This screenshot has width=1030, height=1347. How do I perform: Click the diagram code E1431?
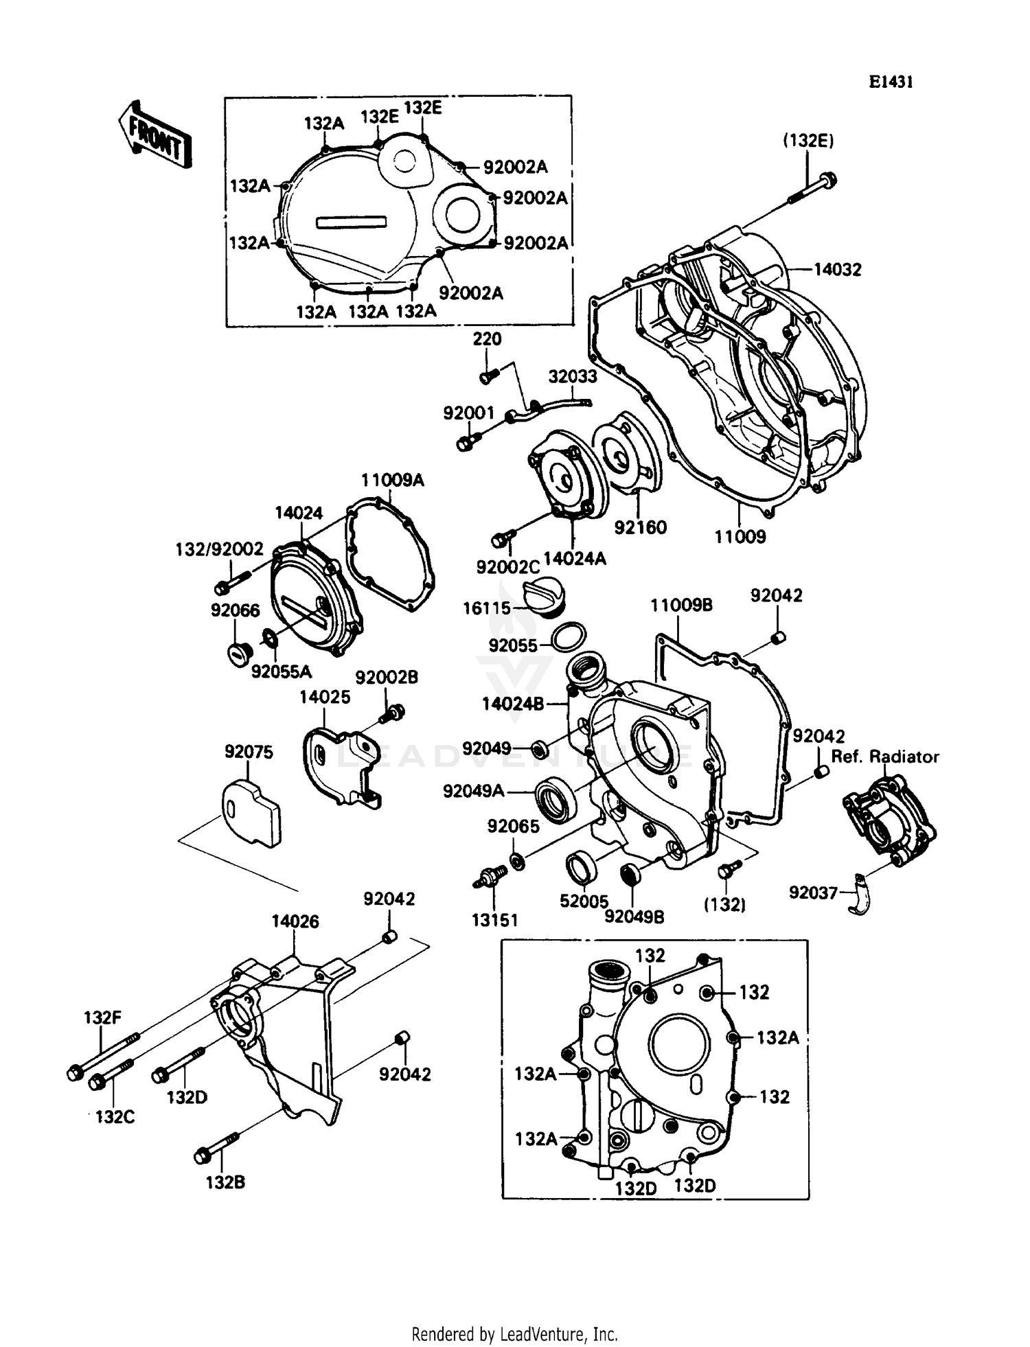(x=891, y=82)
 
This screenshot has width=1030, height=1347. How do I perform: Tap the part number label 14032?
(x=837, y=270)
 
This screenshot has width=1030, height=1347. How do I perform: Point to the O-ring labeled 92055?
(x=569, y=636)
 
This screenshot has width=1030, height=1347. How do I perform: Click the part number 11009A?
(x=393, y=480)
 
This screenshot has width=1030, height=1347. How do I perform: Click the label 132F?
(x=102, y=1017)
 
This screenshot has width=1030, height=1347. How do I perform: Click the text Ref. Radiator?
(x=885, y=757)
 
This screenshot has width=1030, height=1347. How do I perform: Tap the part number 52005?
(x=584, y=901)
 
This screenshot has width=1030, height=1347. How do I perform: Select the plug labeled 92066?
(x=236, y=653)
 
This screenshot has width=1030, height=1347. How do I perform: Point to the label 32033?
(x=572, y=376)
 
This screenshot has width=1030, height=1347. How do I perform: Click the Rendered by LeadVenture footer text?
(x=514, y=1334)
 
